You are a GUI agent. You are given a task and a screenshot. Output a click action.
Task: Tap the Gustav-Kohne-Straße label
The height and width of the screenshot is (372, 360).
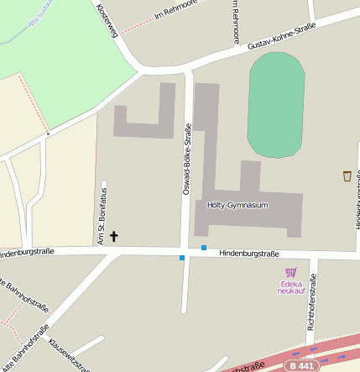282,39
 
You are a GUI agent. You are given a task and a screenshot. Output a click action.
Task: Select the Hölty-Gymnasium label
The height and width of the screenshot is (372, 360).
237,205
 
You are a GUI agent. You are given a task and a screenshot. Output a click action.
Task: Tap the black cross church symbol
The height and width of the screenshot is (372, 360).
114,238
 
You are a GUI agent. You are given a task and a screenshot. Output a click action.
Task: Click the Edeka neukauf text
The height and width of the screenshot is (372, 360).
290,287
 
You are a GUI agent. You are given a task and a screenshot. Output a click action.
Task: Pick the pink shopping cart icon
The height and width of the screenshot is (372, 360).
291,272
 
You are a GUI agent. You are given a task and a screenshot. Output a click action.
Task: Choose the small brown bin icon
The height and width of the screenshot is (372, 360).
347,176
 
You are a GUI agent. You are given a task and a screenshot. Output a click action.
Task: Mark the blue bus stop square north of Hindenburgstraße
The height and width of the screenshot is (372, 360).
203,247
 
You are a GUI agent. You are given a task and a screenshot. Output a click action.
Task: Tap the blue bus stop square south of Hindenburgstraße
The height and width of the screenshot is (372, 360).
181,258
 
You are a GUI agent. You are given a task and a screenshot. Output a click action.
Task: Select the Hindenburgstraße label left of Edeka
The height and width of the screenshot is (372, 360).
249,254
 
